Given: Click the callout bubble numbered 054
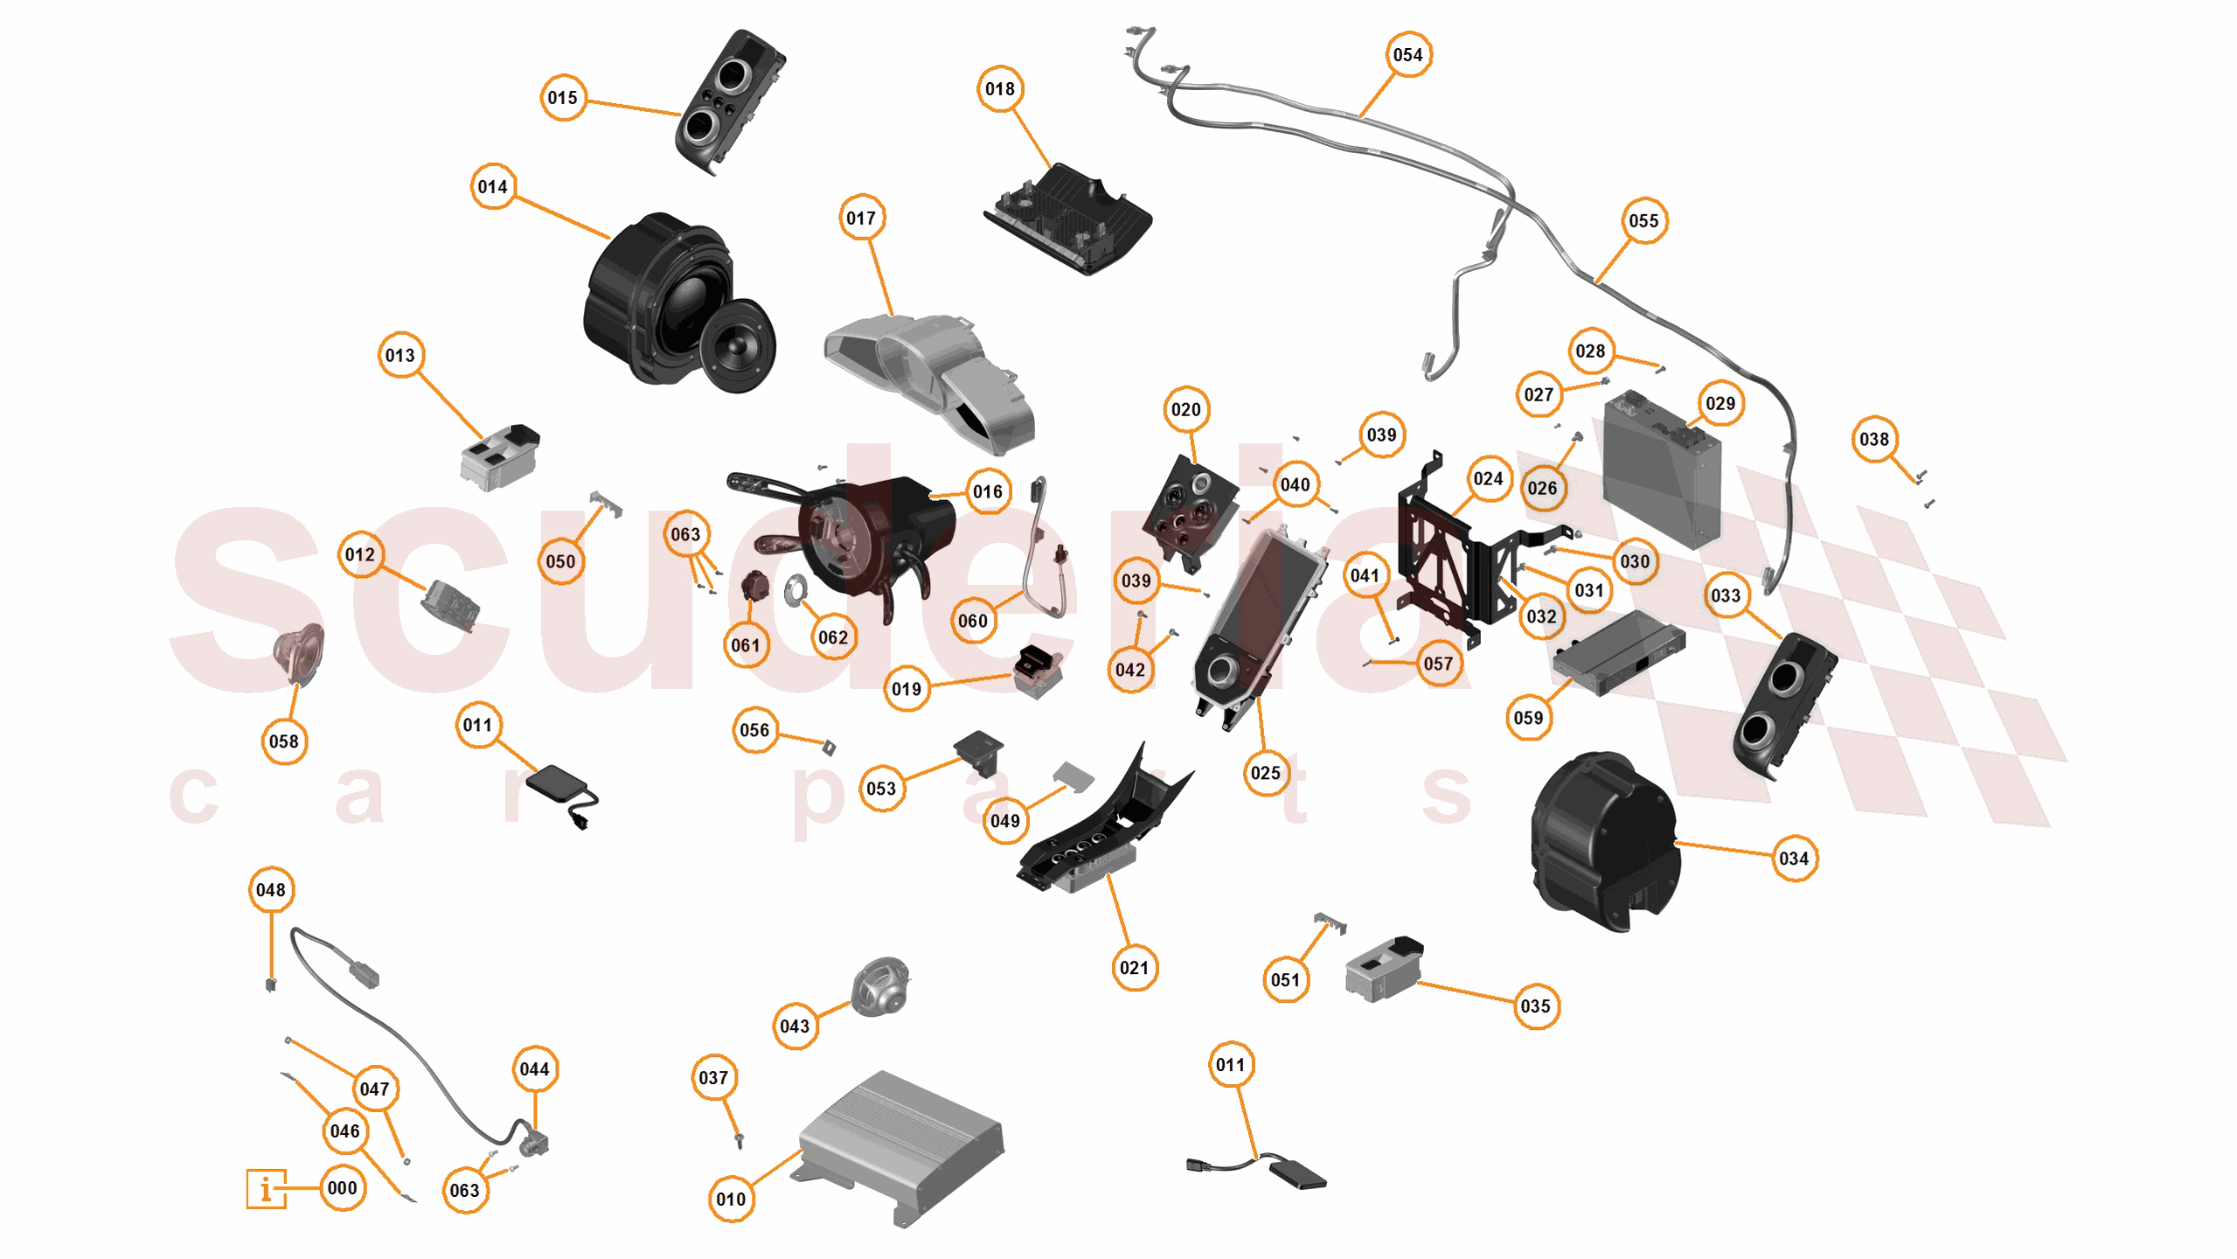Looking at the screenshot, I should click(x=1407, y=55).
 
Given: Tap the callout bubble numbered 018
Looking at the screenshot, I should click(x=999, y=89).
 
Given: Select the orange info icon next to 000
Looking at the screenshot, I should click(x=266, y=1188).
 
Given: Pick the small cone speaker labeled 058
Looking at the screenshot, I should click(x=300, y=653).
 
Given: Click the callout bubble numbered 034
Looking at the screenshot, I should click(x=1793, y=859).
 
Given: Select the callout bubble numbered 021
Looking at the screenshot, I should click(x=1134, y=968).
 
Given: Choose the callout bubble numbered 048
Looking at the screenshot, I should click(x=271, y=890).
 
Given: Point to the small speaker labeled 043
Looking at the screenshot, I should click(x=880, y=986).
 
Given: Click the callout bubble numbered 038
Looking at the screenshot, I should click(x=1873, y=439).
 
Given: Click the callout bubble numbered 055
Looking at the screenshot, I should click(x=1643, y=221).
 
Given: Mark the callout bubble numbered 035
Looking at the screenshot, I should click(x=1535, y=1006).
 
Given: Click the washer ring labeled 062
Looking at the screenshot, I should click(x=796, y=590).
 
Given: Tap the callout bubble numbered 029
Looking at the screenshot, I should click(x=1719, y=404).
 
